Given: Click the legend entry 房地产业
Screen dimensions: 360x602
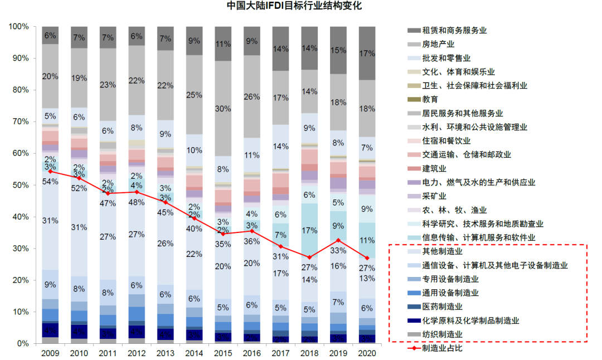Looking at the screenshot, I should (438, 44).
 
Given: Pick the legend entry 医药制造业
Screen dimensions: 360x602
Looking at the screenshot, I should (443, 307).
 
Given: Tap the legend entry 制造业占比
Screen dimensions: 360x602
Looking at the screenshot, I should (443, 348).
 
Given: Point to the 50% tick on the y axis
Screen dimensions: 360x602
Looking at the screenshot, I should (21, 185).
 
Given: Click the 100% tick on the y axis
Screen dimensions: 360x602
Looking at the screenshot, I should (20, 27).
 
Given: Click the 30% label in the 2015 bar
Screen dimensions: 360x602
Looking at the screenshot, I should (223, 109).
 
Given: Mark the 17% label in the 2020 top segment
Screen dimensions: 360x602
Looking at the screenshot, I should (366, 53).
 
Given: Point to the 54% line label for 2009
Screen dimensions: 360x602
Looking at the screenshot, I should (50, 182).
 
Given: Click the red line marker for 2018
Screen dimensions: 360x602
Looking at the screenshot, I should (309, 257).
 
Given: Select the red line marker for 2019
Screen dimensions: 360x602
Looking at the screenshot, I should (338, 240).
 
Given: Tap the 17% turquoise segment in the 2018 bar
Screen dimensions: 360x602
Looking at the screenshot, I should (309, 230).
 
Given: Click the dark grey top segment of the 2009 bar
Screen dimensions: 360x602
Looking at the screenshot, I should (50, 35).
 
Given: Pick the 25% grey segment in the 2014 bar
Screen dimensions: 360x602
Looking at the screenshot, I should (194, 95).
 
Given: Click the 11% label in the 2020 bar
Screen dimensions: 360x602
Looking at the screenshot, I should (366, 241).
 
